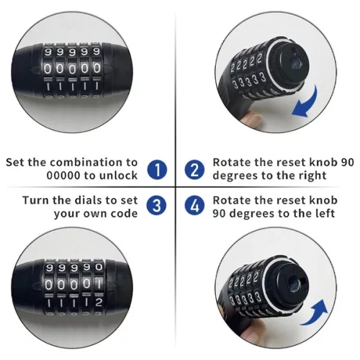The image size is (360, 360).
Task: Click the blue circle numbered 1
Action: click(x=157, y=169)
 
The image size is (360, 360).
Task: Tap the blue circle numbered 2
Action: click(x=194, y=169)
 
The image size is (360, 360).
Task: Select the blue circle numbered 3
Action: click(x=156, y=205)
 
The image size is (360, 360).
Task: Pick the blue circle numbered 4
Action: click(x=194, y=205)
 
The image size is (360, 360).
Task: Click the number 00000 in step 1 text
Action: click(x=63, y=176)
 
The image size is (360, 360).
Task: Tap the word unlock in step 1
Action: click(x=119, y=176)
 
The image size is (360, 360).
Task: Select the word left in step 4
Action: click(x=324, y=213)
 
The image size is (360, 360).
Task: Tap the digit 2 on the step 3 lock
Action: click(x=99, y=302)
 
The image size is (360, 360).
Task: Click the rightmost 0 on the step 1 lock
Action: click(x=96, y=68)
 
